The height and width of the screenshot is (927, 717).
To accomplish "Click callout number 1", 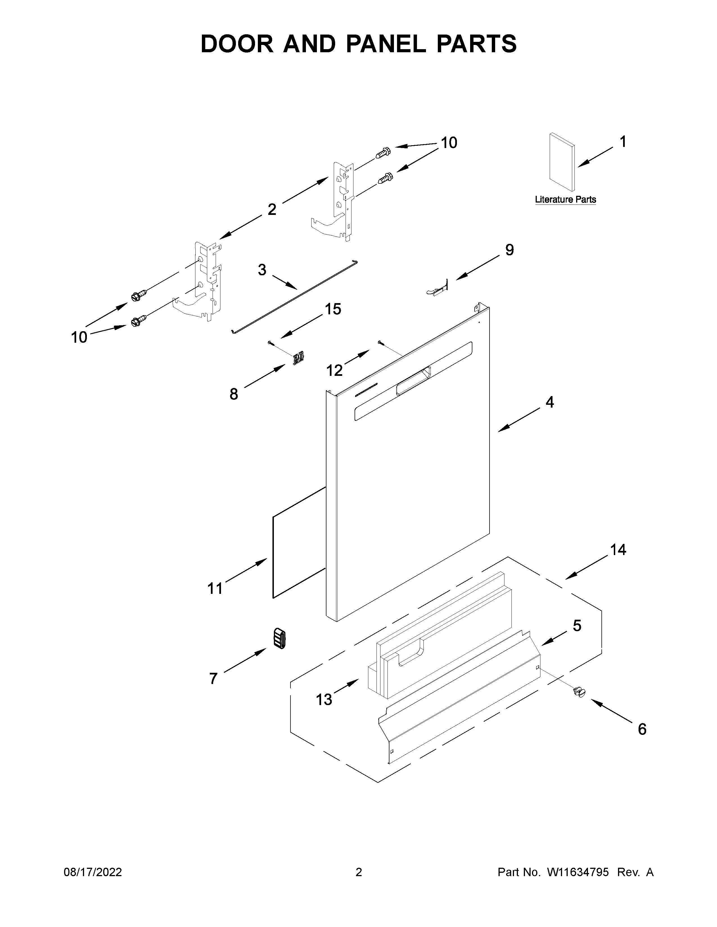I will pyautogui.click(x=623, y=142).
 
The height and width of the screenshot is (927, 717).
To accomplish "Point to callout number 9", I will pyautogui.click(x=509, y=250).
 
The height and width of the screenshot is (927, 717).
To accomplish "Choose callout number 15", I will pyautogui.click(x=333, y=309).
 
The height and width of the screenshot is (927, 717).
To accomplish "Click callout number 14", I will pyautogui.click(x=618, y=550).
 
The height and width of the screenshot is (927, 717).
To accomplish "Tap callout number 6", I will pyautogui.click(x=642, y=729).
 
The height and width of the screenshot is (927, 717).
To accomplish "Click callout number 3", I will pyautogui.click(x=262, y=269).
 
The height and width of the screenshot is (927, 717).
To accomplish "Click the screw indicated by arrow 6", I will pyautogui.click(x=579, y=692).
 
